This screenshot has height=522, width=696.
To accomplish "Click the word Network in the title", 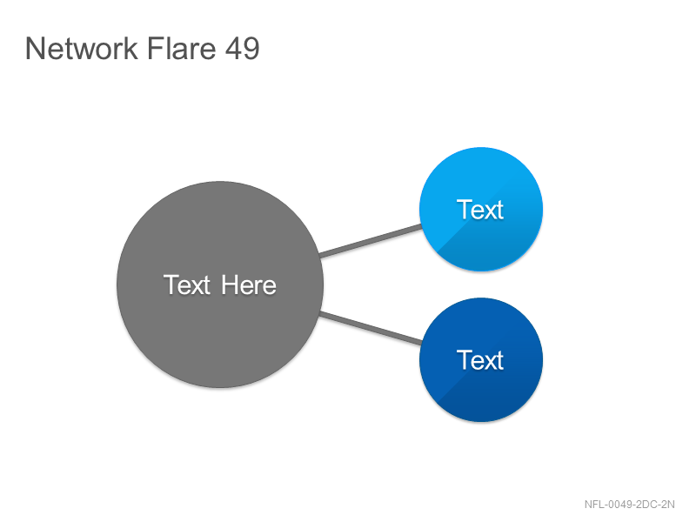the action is click(x=81, y=48).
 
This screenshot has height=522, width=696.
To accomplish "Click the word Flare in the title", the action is click(x=181, y=48).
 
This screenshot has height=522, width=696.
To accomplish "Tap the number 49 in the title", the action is click(x=242, y=48).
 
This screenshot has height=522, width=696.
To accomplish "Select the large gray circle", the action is click(x=220, y=284).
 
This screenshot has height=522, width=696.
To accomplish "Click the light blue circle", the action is click(x=481, y=209).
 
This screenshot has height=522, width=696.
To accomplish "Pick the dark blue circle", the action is click(x=481, y=359).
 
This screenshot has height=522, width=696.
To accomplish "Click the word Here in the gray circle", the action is click(x=249, y=285).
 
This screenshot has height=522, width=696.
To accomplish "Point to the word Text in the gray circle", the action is click(x=186, y=285).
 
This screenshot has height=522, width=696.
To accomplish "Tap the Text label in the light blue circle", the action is click(x=480, y=210).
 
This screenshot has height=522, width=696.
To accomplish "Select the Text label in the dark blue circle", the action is click(x=480, y=360).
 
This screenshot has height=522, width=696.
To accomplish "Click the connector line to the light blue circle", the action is click(x=371, y=241).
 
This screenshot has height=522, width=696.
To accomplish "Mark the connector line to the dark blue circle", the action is click(x=371, y=328).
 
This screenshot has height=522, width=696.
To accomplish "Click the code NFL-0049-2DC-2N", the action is click(x=629, y=505).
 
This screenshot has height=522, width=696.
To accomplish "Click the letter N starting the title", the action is click(x=35, y=49).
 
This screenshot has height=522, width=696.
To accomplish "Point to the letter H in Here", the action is click(x=230, y=285).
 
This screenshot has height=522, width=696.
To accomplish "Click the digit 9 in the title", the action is click(x=251, y=49).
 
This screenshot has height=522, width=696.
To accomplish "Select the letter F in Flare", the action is click(x=155, y=49).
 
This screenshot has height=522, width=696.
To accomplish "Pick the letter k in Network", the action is click(x=130, y=49).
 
